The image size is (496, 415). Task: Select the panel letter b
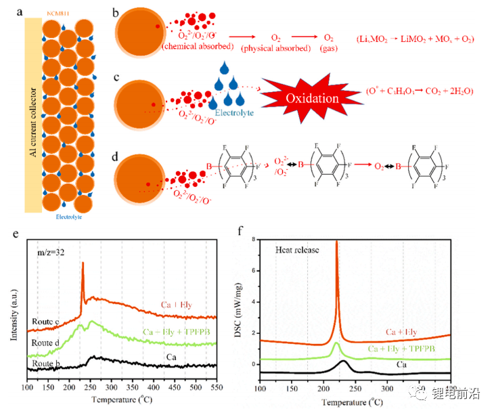pyautogui.click(x=116, y=13)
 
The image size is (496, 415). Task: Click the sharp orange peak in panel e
pyautogui.click(x=83, y=265)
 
